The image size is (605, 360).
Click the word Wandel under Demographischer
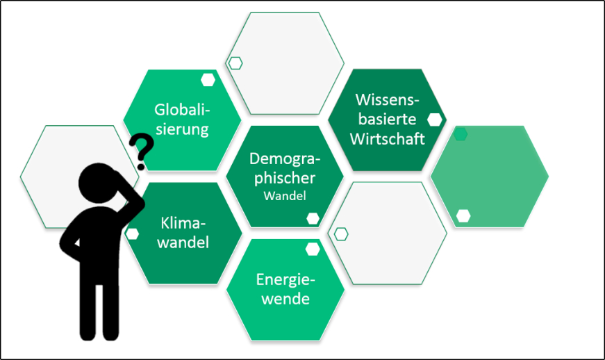285,196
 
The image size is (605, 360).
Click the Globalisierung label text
182,119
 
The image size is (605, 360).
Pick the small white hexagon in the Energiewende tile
313,249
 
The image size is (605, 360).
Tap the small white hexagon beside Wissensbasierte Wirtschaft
435,119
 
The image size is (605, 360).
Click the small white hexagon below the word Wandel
313,218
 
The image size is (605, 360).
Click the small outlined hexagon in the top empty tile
235,63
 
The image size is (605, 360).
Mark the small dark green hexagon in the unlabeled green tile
460,134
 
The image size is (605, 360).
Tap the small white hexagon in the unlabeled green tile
463,215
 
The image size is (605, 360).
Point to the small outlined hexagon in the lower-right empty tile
340,234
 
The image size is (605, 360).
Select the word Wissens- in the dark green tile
387,99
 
